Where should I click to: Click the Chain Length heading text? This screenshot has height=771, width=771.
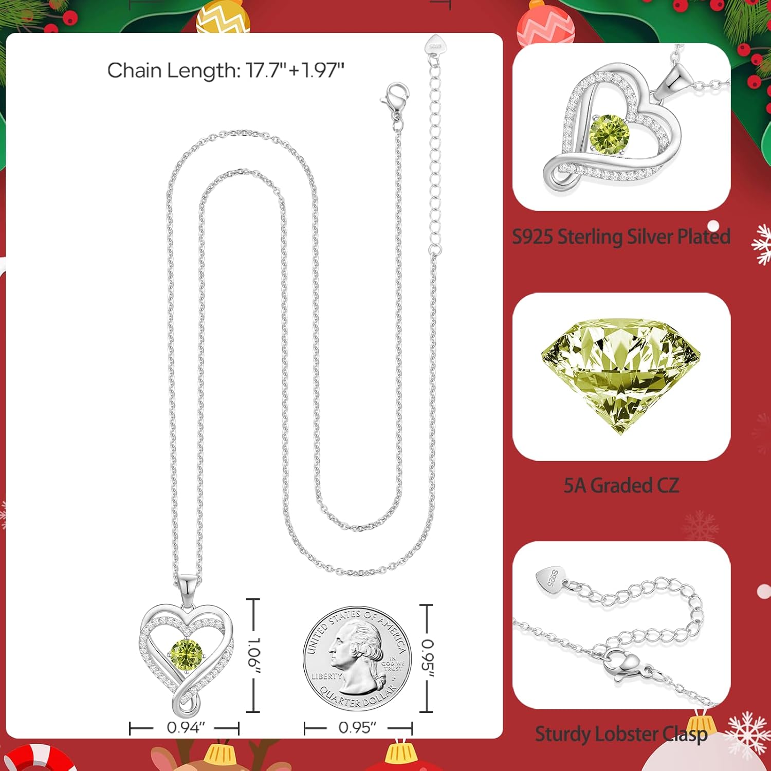pos(226,70)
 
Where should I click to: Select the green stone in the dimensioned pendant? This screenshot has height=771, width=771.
pos(186,653)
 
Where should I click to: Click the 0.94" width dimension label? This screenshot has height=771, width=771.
pos(186,728)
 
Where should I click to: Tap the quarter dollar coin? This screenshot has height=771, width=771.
pos(357,658)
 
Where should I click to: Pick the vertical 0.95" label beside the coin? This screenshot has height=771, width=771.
pos(428,658)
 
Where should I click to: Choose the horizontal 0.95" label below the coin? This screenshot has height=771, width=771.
pos(357,728)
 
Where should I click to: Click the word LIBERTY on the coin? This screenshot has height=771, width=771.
pos(326,676)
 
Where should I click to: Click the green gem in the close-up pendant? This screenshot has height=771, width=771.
pos(610,133)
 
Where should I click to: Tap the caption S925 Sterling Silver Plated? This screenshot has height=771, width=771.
pos(621,236)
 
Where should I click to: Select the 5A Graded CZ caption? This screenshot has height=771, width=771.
pos(621,485)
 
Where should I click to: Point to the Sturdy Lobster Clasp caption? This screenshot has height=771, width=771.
pos(621,734)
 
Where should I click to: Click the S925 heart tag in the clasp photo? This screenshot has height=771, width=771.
pos(549,578)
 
